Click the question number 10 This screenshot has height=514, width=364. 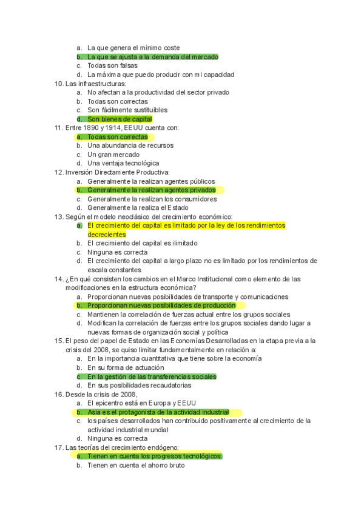pos(58,84)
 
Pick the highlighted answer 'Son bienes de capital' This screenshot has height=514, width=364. pos(120,119)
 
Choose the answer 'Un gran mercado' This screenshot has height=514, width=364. pos(113,155)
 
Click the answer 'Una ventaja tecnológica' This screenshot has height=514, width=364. pos(123,164)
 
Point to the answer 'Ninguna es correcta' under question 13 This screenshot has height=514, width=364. pos(117,252)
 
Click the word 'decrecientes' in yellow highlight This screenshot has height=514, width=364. pos(107,235)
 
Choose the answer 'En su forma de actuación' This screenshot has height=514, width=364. pos(126,367)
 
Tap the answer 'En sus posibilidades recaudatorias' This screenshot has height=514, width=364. pos(139,385)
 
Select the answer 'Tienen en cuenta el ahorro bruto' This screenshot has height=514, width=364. pos(136,466)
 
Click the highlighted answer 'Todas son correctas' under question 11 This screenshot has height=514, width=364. pos(117,137)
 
